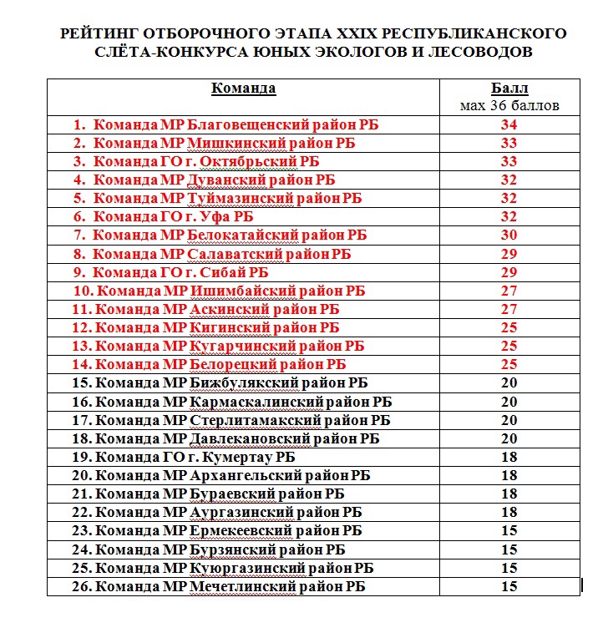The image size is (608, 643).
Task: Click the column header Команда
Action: (x=244, y=89)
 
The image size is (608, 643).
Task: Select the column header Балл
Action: (x=509, y=89)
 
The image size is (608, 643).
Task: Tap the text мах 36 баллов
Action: (x=509, y=106)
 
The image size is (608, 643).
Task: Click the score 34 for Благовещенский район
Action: (x=509, y=125)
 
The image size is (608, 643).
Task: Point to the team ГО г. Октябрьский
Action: (x=209, y=162)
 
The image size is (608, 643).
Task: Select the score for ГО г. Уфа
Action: (x=509, y=217)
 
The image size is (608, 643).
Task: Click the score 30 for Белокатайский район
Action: (x=509, y=235)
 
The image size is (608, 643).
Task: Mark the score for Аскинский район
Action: (x=509, y=310)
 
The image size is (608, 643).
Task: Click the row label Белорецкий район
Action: (x=220, y=365)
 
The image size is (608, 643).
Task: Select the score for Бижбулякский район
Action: (x=509, y=383)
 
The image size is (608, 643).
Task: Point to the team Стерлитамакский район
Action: (x=242, y=420)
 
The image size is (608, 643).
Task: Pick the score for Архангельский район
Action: (x=509, y=476)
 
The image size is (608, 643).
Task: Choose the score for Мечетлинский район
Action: (x=509, y=587)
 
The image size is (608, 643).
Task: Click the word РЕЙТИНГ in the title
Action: (x=95, y=34)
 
